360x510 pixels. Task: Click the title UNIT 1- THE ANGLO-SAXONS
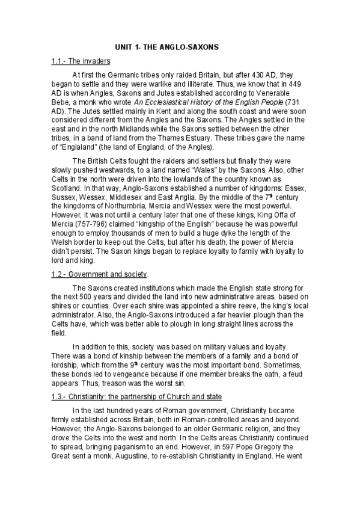pos(167,46)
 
